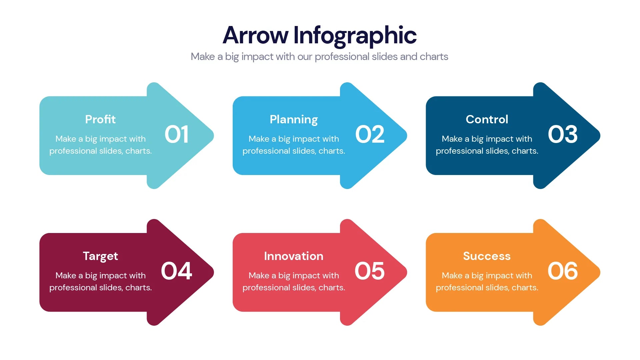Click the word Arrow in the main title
[x=256, y=35]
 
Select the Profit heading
[x=100, y=119]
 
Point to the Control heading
[x=487, y=119]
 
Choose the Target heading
[x=100, y=256]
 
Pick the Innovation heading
[x=294, y=256]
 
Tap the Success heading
[x=487, y=256]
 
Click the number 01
[x=177, y=135]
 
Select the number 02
[x=370, y=135]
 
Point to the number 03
[x=563, y=135]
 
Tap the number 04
[x=177, y=271]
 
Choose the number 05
[x=370, y=271]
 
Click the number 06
[x=563, y=271]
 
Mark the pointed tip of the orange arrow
[x=600, y=272]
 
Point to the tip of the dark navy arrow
[x=600, y=136]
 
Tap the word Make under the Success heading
[x=452, y=275]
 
